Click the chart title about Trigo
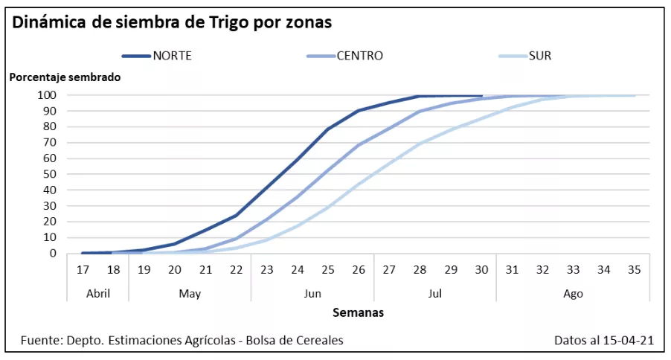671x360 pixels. (x=172, y=22)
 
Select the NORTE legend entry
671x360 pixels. (x=172, y=56)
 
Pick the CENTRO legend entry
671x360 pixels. (x=359, y=56)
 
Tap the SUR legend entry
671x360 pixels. (x=539, y=56)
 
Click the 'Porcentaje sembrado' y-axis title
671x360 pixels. (x=65, y=77)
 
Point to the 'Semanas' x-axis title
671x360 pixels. (x=358, y=312)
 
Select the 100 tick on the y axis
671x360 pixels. (x=48, y=95)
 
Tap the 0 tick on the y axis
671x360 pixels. (x=53, y=254)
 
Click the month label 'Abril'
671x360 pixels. (x=97, y=293)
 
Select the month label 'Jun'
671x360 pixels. (x=312, y=293)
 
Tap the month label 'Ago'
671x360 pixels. (x=573, y=293)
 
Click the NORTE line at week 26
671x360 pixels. (x=359, y=111)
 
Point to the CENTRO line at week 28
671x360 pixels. (x=420, y=112)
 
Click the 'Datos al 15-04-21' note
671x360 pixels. (x=603, y=341)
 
